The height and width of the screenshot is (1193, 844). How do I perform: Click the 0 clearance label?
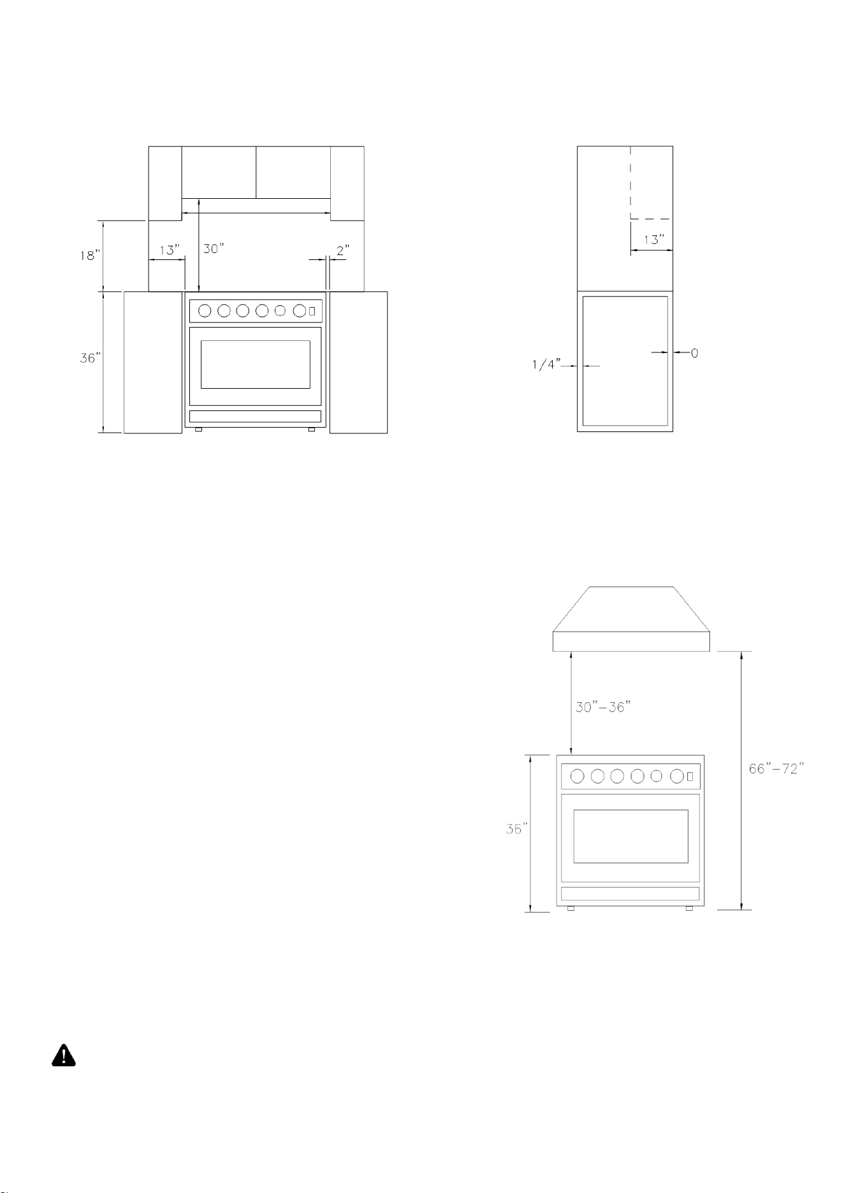(694, 352)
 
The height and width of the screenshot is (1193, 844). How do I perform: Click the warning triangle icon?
(63, 1056)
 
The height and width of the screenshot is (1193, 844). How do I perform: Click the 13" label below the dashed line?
(653, 240)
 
